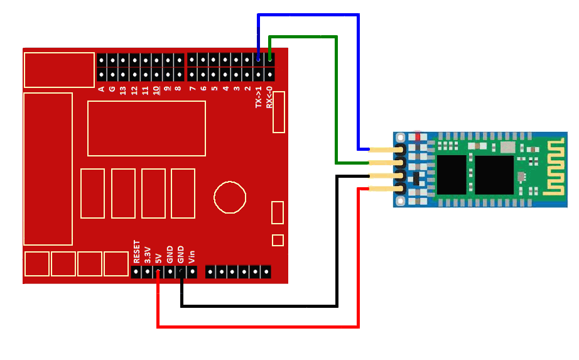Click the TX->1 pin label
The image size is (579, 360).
coord(259,97)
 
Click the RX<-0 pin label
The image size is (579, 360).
coord(269,97)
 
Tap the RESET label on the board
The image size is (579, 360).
coord(136,251)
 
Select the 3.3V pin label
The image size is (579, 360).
coord(147,254)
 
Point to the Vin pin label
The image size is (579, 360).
coord(192,256)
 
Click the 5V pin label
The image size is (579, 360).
coord(158,257)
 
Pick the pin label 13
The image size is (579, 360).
coord(123,90)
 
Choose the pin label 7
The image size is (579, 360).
coord(192,89)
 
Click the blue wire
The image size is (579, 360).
coord(358,82)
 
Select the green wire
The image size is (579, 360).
coord(336,101)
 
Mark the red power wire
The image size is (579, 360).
coord(358,264)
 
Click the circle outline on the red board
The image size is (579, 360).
coord(230,197)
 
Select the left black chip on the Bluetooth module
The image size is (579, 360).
coord(452,175)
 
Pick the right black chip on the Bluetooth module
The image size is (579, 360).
coord(494,175)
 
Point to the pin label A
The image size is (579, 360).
coord(101,89)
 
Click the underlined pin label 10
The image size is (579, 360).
coord(156,90)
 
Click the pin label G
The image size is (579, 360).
coord(112,89)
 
